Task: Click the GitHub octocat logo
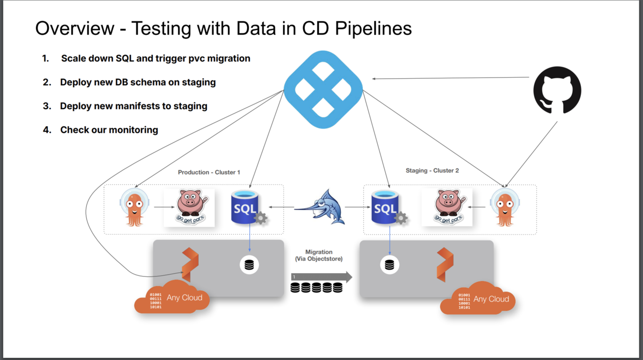point(557,89)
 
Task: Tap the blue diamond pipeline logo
point(323,86)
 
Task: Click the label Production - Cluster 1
point(209,172)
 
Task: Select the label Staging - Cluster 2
point(432,171)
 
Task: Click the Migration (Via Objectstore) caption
point(319,255)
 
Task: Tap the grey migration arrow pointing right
point(322,277)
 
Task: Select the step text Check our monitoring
point(109,130)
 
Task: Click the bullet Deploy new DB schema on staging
point(138,82)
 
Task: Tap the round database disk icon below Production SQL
point(249,265)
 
